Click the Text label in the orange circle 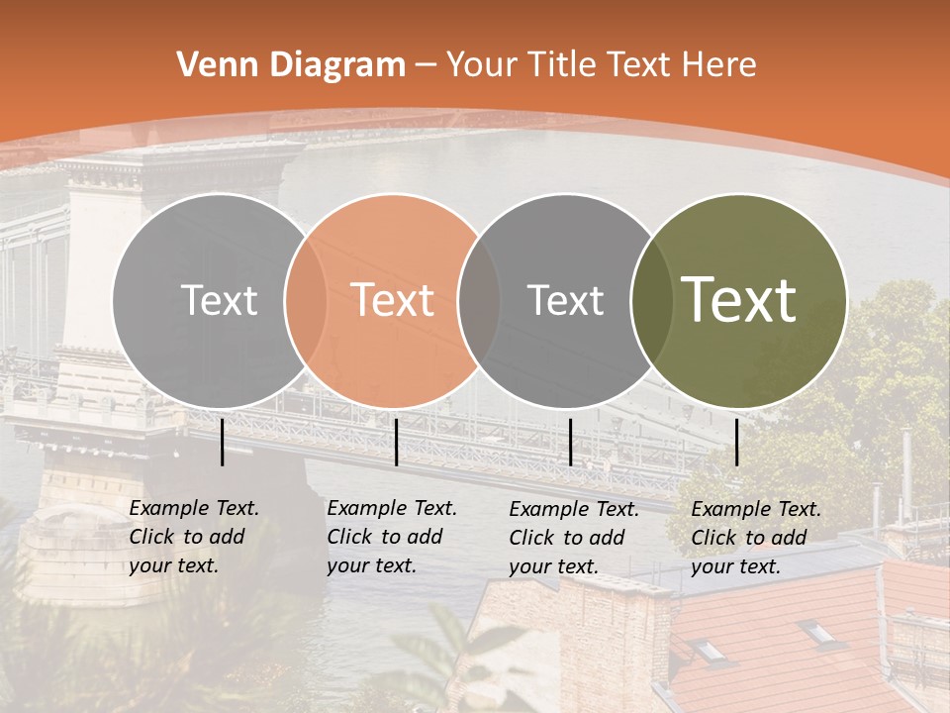click(x=393, y=300)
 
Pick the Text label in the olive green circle click(x=739, y=300)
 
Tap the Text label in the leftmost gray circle click(x=219, y=300)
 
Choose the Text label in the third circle click(x=565, y=300)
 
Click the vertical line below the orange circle click(x=396, y=442)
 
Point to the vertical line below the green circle click(x=737, y=442)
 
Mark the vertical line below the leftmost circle click(x=223, y=442)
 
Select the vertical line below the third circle click(x=570, y=442)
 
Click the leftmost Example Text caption click(x=193, y=537)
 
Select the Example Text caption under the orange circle click(x=391, y=537)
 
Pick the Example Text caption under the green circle click(x=755, y=538)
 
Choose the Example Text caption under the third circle click(x=573, y=538)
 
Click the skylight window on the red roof click(x=709, y=650)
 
